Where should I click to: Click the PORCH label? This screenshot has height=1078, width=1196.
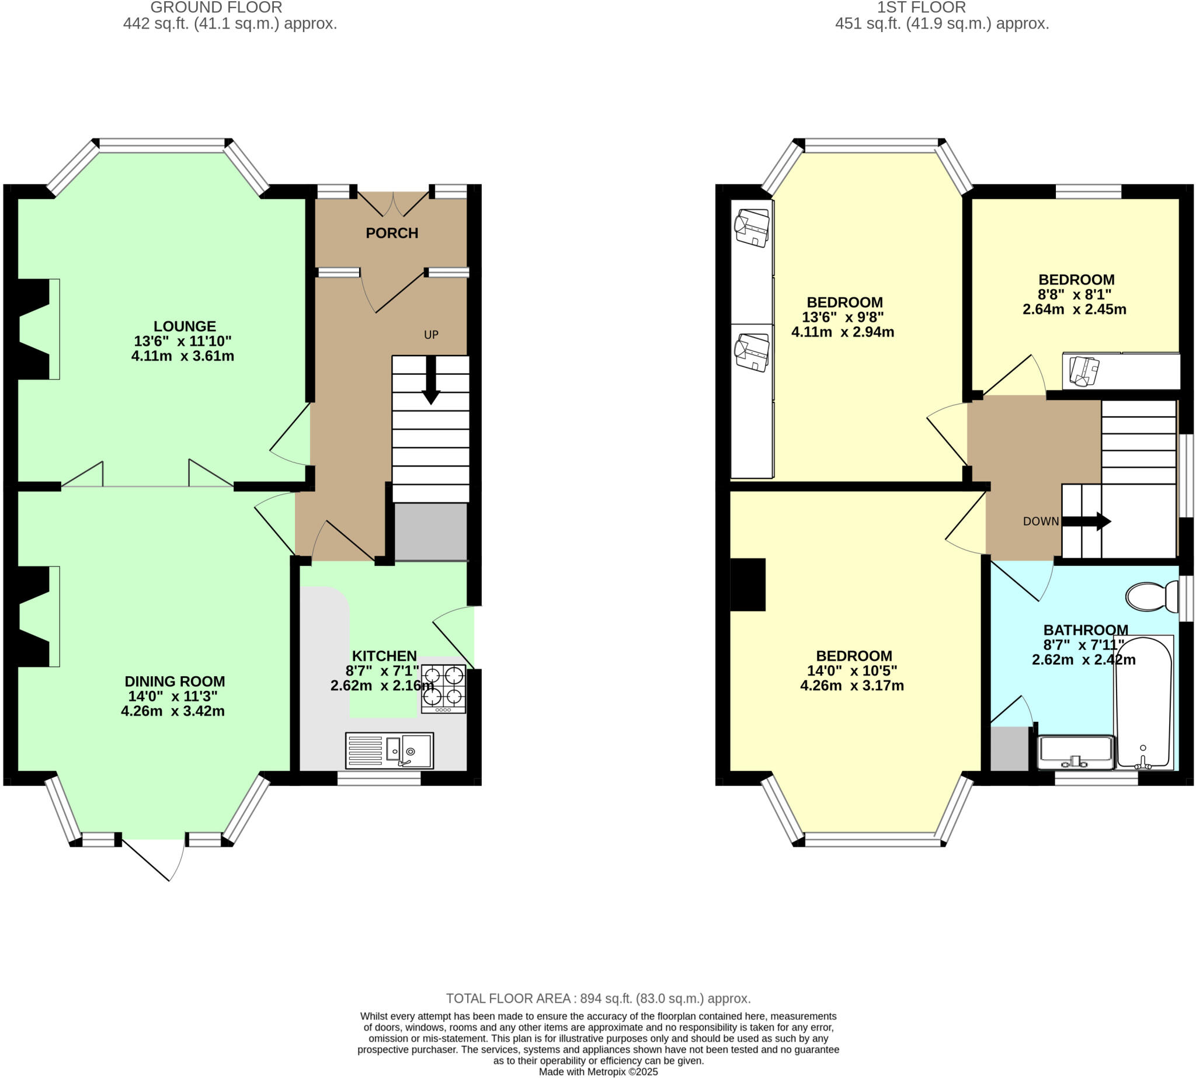click(x=391, y=233)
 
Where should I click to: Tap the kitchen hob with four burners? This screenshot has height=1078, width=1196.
click(x=443, y=689)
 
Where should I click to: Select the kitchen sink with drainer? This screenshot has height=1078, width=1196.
click(x=389, y=750)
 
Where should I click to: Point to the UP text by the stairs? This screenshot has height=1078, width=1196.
click(x=430, y=335)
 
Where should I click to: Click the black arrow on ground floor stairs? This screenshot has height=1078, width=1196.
click(x=430, y=380)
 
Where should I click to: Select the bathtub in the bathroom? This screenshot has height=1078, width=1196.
click(x=1143, y=703)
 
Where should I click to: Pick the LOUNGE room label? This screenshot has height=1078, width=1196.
click(x=185, y=326)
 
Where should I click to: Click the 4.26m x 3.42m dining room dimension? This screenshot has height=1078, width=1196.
click(x=173, y=711)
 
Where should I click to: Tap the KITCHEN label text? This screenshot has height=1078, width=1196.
click(x=384, y=656)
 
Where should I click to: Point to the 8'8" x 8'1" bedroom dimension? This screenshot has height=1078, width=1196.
click(x=1074, y=294)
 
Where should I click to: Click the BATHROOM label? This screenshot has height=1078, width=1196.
click(x=1085, y=630)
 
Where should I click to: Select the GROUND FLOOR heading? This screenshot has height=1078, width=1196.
click(x=216, y=8)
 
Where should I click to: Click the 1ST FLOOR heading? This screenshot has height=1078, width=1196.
click(x=921, y=8)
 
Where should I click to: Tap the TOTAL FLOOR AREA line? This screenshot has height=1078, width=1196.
click(x=597, y=998)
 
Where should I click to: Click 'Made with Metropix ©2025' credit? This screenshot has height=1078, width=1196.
click(x=597, y=1072)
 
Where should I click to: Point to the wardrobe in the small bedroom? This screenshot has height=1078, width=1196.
click(x=1121, y=371)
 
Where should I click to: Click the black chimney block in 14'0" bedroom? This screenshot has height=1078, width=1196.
click(x=747, y=584)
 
